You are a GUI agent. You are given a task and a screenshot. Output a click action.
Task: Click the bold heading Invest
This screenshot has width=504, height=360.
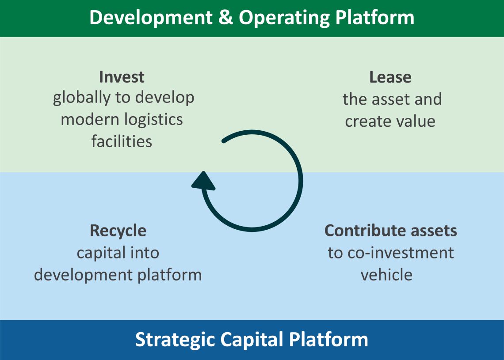(x=122, y=77)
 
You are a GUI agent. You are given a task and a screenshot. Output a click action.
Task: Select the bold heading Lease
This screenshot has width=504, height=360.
(x=390, y=77)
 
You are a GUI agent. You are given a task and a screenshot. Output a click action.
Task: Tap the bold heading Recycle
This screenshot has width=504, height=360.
(x=118, y=231)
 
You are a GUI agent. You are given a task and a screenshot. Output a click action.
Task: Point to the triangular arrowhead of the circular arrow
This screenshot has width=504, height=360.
(x=202, y=182)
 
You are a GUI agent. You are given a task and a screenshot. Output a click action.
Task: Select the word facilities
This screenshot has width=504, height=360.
(x=122, y=141)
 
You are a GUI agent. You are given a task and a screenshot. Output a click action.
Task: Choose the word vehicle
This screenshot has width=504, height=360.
(x=386, y=275)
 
